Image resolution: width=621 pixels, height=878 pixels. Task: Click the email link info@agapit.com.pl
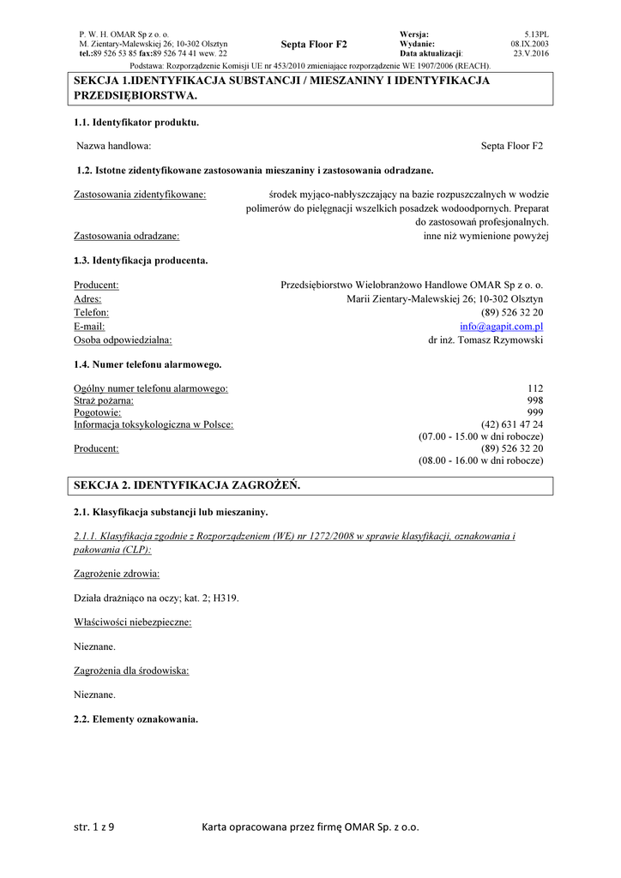pyautogui.click(x=501, y=327)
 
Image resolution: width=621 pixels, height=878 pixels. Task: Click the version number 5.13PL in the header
pyautogui.click(x=536, y=33)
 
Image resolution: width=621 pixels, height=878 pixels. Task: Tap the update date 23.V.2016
pyautogui.click(x=531, y=52)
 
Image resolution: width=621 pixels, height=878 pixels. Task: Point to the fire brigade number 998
pyautogui.click(x=535, y=400)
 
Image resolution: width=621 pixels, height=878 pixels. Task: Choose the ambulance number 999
pyautogui.click(x=535, y=412)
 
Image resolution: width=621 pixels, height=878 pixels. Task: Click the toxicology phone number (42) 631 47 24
pyautogui.click(x=512, y=424)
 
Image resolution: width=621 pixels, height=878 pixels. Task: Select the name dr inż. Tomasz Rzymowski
pyautogui.click(x=485, y=340)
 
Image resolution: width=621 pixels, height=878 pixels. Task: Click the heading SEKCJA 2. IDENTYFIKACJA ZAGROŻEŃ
pyautogui.click(x=187, y=485)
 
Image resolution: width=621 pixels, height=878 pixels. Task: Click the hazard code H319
pyautogui.click(x=226, y=598)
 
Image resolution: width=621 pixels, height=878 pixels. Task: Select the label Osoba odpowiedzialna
pyautogui.click(x=123, y=340)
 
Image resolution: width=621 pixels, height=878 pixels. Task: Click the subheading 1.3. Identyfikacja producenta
pyautogui.click(x=141, y=259)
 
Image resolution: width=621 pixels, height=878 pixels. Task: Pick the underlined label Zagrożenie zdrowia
pyautogui.click(x=117, y=573)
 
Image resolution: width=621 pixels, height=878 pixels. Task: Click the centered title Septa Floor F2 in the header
pyautogui.click(x=314, y=43)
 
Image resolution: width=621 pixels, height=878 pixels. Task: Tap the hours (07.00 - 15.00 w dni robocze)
pyautogui.click(x=480, y=436)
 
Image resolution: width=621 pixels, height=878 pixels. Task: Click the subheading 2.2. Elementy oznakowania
pyautogui.click(x=136, y=719)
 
